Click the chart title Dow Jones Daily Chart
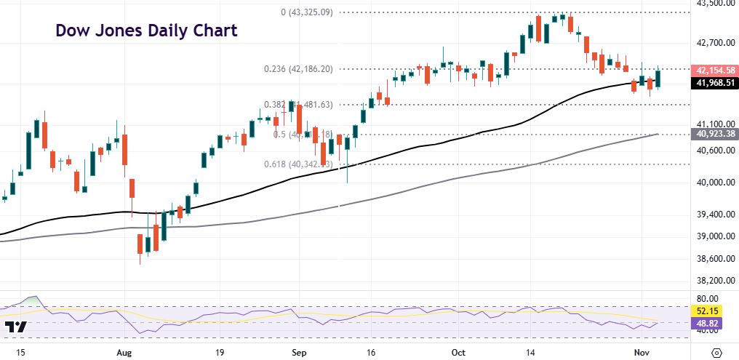[146, 31]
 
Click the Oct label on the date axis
[458, 351]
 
